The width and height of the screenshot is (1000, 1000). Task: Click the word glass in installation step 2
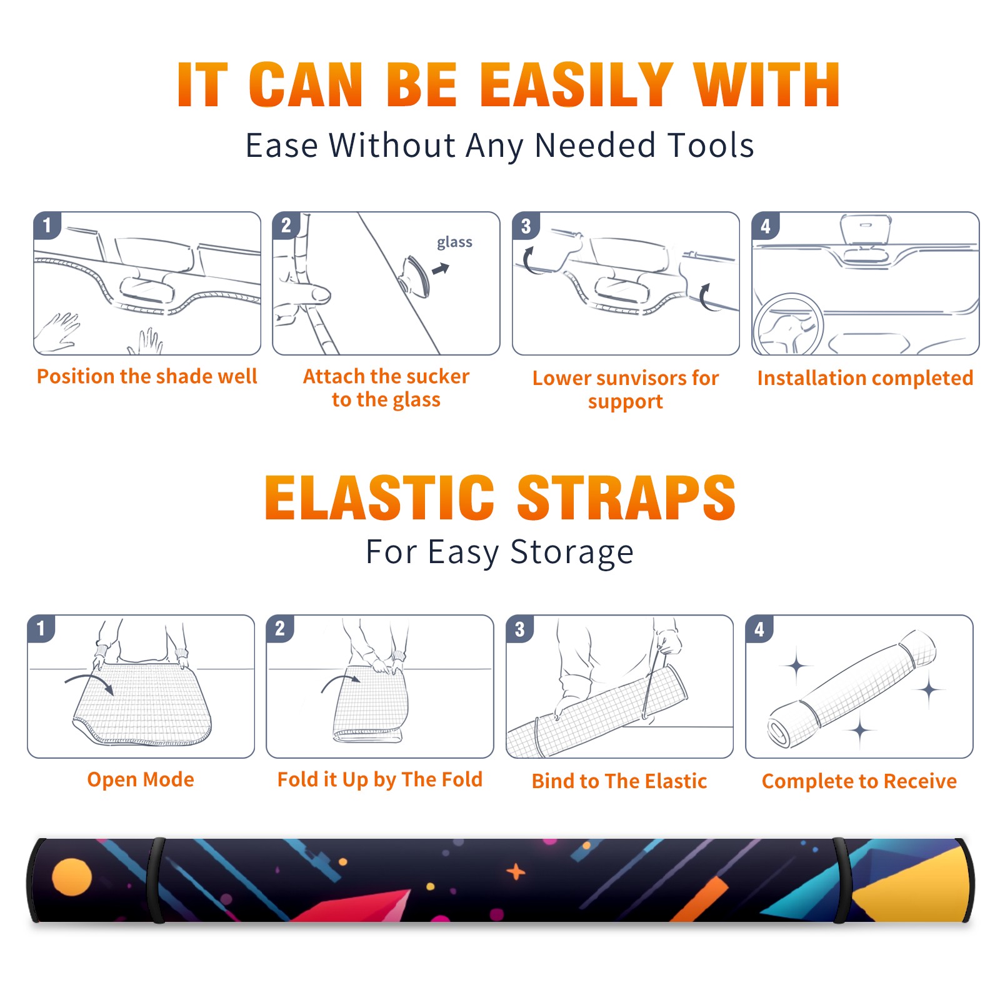pyautogui.click(x=454, y=242)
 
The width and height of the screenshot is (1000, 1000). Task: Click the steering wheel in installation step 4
pyautogui.click(x=787, y=324)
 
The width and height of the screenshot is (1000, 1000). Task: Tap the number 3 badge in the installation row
pyautogui.click(x=526, y=226)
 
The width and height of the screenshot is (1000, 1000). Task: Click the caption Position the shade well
pyautogui.click(x=147, y=376)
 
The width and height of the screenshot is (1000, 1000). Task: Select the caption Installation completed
pyautogui.click(x=865, y=377)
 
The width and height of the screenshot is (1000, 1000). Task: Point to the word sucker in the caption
pyautogui.click(x=437, y=376)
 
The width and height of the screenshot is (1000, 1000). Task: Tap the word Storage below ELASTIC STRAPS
pyautogui.click(x=572, y=552)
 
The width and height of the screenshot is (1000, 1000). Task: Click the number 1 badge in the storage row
pyautogui.click(x=41, y=628)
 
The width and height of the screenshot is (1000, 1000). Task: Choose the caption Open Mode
pyautogui.click(x=141, y=779)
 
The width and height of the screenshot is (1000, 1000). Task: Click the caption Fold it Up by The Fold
pyautogui.click(x=380, y=779)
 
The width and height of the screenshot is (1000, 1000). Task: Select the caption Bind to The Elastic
pyautogui.click(x=619, y=781)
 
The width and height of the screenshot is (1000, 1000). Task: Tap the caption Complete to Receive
pyautogui.click(x=859, y=781)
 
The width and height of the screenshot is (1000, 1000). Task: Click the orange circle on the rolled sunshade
pyautogui.click(x=72, y=877)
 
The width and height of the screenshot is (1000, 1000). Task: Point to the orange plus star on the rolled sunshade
pyautogui.click(x=516, y=871)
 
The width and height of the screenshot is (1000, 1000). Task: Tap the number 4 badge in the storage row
pyautogui.click(x=759, y=628)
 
